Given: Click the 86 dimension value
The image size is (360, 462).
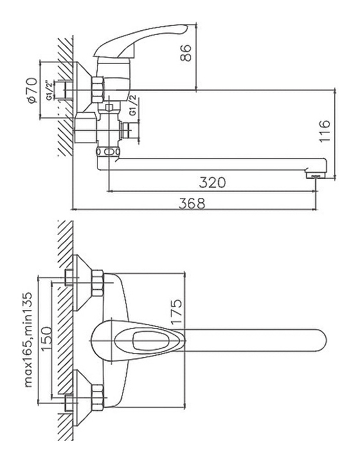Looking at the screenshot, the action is pyautogui.click(x=186, y=53).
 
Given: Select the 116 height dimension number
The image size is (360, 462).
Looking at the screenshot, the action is pyautogui.click(x=325, y=131).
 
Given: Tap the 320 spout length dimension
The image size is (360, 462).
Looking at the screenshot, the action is pyautogui.click(x=212, y=182).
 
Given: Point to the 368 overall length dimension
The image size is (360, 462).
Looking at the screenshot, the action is pyautogui.click(x=192, y=203).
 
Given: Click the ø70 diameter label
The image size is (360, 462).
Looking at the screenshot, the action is pyautogui.click(x=32, y=90).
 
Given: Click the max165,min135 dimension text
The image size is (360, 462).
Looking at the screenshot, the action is pyautogui.click(x=28, y=340).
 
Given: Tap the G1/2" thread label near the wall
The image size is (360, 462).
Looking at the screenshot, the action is pyautogui.click(x=50, y=90).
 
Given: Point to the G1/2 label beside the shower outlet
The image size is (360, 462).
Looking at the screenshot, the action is pyautogui.click(x=133, y=105).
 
